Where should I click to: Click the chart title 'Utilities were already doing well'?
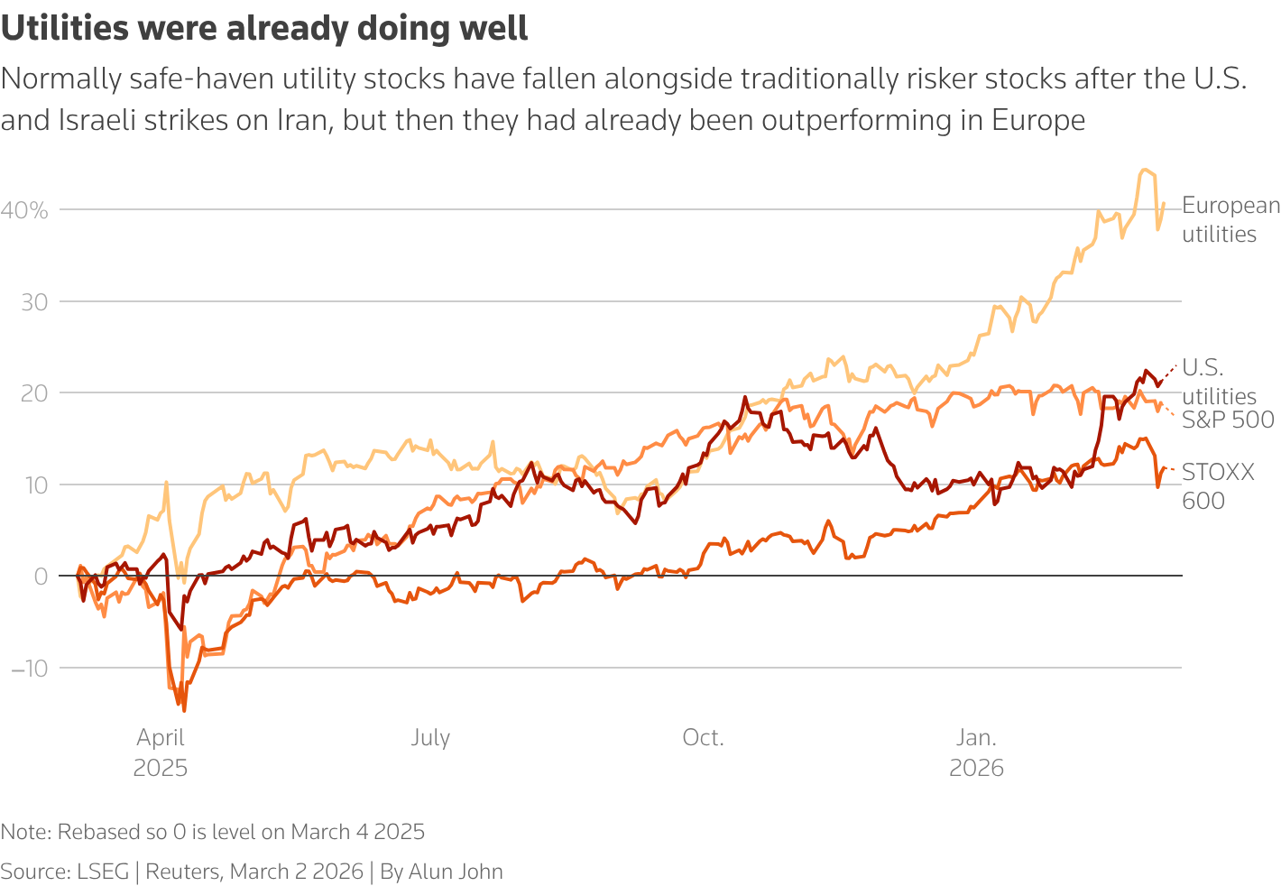click(x=264, y=29)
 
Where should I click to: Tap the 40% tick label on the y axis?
click(x=24, y=210)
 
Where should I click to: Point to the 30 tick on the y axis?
click(x=34, y=302)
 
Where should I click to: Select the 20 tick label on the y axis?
click(x=34, y=393)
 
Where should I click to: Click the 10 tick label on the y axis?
click(x=34, y=485)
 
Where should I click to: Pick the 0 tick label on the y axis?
click(x=41, y=577)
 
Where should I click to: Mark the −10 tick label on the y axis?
click(x=29, y=669)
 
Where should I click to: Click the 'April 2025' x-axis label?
click(x=161, y=752)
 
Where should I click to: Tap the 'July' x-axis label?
click(x=430, y=737)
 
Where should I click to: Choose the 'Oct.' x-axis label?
click(x=703, y=737)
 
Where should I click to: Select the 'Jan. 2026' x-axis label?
click(x=976, y=752)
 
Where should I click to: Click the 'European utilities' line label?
click(x=1230, y=219)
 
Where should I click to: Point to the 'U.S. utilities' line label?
click(x=1218, y=382)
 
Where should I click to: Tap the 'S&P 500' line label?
click(x=1228, y=420)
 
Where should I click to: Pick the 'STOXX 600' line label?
click(x=1217, y=486)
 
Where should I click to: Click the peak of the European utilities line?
click(x=1144, y=170)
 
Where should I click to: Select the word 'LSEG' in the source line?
click(x=102, y=872)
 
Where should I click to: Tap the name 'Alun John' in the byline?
click(x=456, y=872)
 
